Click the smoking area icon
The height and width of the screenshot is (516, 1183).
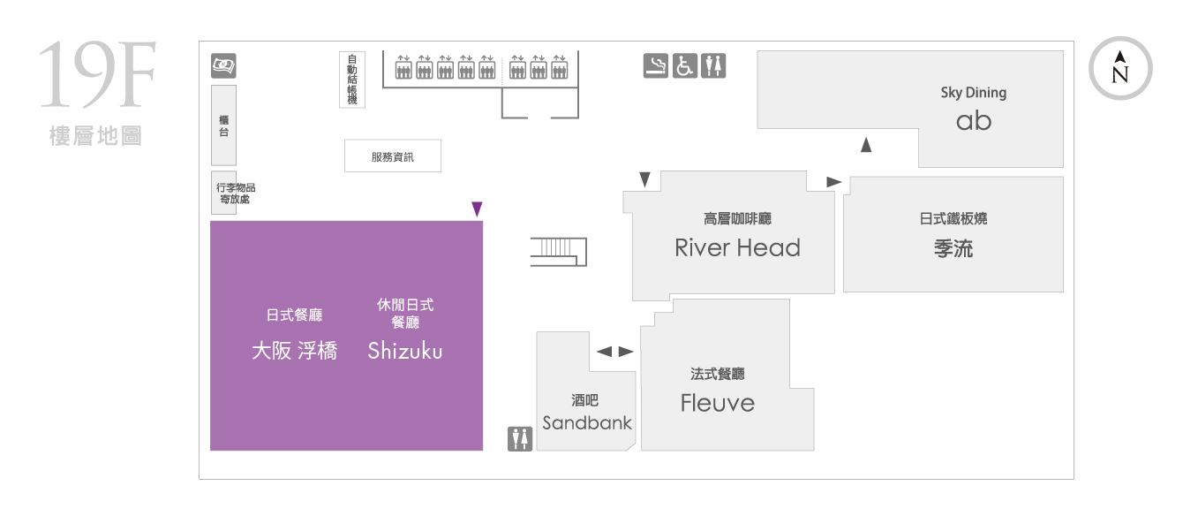pos(655,66)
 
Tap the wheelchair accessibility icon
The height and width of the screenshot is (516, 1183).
pos(684,66)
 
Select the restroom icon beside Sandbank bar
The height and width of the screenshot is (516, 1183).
pos(520,439)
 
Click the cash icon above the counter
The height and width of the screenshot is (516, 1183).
pos(223,66)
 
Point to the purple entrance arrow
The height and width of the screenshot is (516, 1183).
pos(477,209)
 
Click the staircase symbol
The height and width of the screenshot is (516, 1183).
pos(558,252)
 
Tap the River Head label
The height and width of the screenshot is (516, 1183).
pos(737,247)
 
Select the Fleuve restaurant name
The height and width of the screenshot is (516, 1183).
pos(717,403)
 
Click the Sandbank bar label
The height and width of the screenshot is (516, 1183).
pos(587,422)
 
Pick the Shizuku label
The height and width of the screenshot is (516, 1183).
pos(405,351)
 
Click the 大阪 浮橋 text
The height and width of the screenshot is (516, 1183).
pos(294,351)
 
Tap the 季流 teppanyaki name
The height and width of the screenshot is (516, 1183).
pos(953,248)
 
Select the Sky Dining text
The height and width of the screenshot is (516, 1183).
pos(974,93)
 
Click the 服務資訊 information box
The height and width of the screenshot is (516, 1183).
pos(392,156)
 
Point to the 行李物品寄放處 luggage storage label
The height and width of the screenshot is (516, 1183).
pos(236,193)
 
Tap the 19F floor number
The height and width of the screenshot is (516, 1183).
pos(98,74)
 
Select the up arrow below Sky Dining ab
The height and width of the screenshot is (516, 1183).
pos(866,144)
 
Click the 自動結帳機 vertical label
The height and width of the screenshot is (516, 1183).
pos(352,80)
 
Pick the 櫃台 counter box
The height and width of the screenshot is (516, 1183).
pos(223,125)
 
